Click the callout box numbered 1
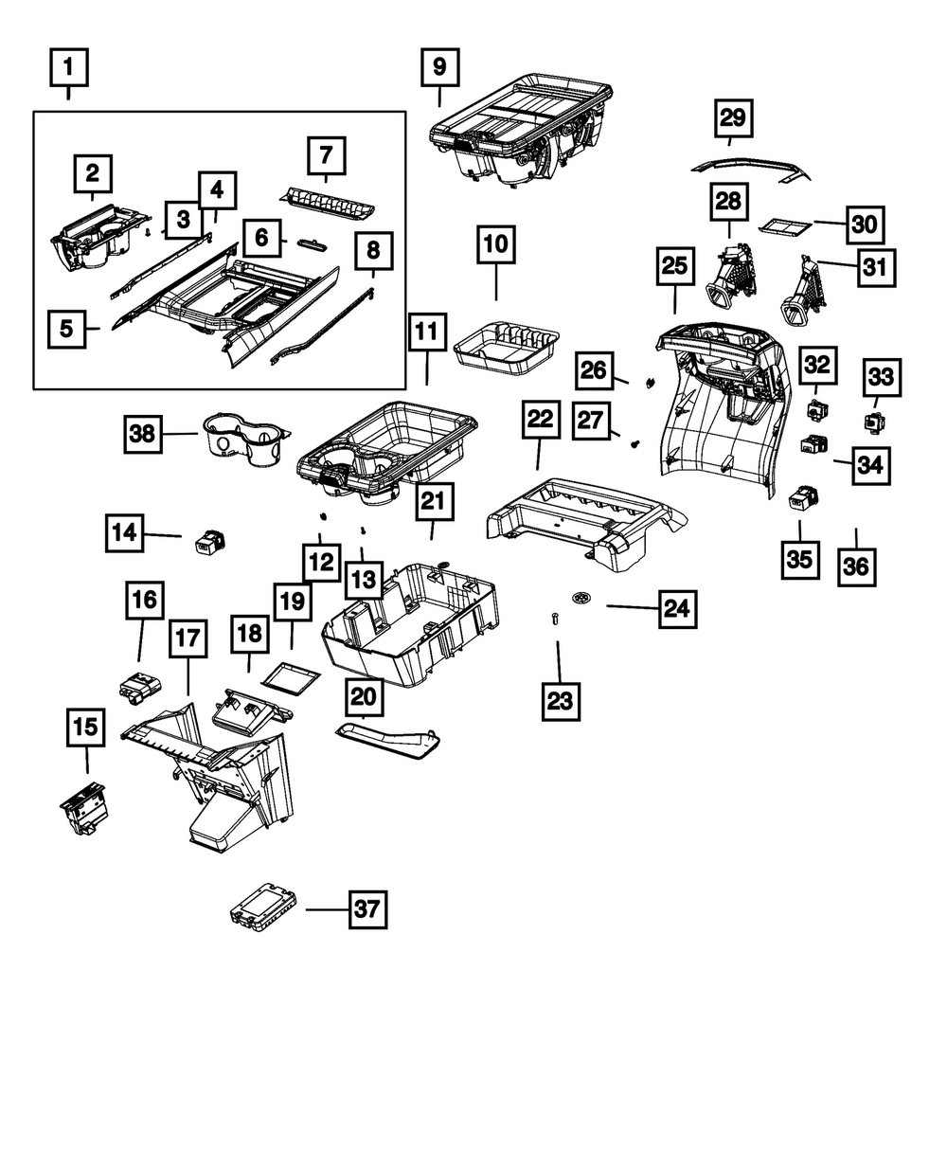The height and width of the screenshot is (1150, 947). pyautogui.click(x=68, y=69)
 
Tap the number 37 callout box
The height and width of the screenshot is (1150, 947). pyautogui.click(x=366, y=909)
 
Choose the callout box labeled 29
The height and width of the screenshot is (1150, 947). pyautogui.click(x=733, y=118)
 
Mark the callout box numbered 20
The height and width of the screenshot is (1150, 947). pyautogui.click(x=364, y=698)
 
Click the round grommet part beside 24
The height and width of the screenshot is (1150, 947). pyautogui.click(x=581, y=599)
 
